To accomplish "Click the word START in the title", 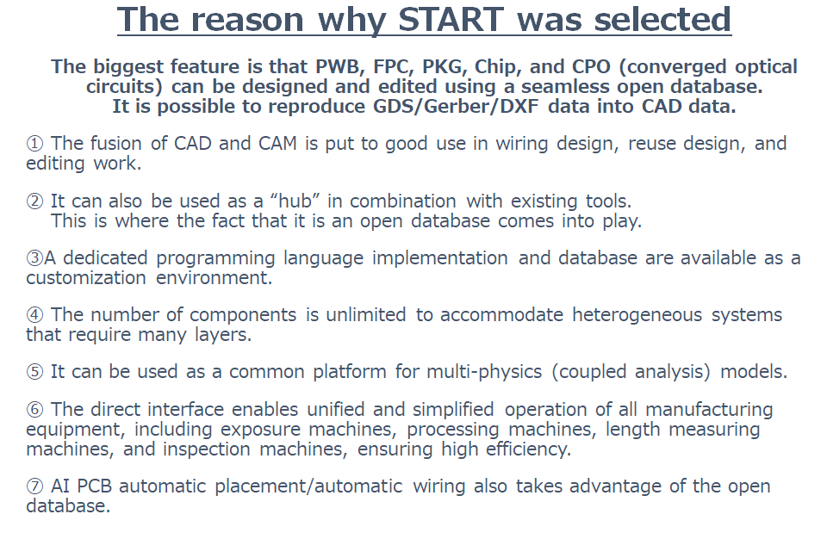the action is click(451, 19).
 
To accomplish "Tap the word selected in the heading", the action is click(662, 19).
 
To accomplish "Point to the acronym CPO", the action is click(591, 66).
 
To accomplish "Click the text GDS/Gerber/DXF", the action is click(457, 107).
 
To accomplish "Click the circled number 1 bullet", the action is click(34, 144).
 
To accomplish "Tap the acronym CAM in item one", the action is click(277, 144).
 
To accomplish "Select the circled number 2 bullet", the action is click(34, 201).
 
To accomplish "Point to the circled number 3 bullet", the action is click(34, 258).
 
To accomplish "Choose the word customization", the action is click(86, 278).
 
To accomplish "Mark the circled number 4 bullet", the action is click(34, 315).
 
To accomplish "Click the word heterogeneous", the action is click(637, 315).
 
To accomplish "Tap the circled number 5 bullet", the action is click(34, 372).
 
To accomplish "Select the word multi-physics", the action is click(484, 372).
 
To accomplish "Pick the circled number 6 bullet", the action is click(34, 410).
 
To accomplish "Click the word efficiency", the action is click(528, 449).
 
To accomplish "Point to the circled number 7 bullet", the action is click(34, 486).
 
